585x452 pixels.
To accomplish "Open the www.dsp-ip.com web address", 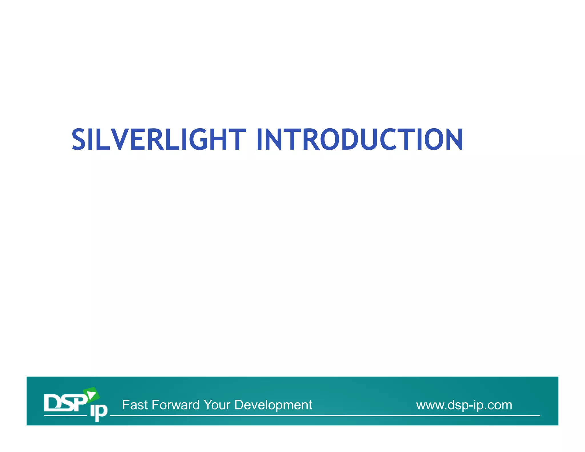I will pyautogui.click(x=464, y=405).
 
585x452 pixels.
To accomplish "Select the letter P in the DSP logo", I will pyautogui.click(x=80, y=403).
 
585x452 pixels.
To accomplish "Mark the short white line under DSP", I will pyautogui.click(x=65, y=415).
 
